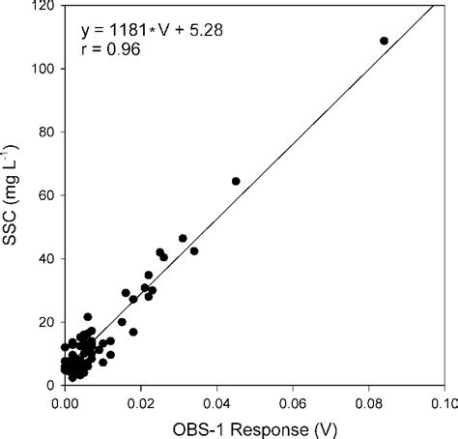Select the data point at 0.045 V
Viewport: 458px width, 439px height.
[x=236, y=181]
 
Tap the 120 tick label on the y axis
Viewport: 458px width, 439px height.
[x=43, y=6]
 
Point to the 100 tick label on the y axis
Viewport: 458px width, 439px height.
[x=43, y=69]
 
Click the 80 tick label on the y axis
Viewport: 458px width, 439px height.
[x=46, y=132]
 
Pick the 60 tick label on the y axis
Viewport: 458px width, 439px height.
[x=46, y=194]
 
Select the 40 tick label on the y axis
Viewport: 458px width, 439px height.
[x=46, y=258]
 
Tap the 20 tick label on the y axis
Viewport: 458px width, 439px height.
[x=46, y=321]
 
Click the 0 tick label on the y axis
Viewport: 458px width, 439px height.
[x=50, y=385]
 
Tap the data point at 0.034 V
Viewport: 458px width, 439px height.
[x=194, y=251]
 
